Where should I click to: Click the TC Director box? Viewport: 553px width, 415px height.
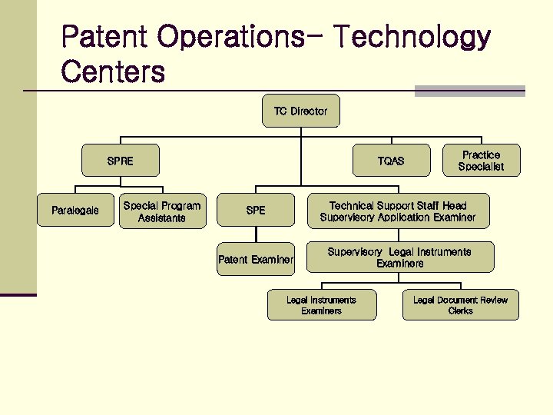pyautogui.click(x=300, y=111)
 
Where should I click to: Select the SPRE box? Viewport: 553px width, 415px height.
pyautogui.click(x=121, y=161)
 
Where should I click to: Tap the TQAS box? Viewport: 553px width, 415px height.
pyautogui.click(x=390, y=161)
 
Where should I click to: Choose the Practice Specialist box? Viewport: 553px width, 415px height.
pyautogui.click(x=482, y=161)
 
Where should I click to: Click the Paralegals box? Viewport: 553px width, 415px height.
pyautogui.click(x=75, y=211)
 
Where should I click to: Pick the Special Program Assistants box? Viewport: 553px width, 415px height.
pyautogui.click(x=162, y=211)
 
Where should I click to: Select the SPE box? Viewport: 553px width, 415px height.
pyautogui.click(x=256, y=211)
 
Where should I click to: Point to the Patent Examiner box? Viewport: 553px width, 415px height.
pyautogui.click(x=256, y=260)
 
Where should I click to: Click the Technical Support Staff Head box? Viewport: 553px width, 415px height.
pyautogui.click(x=397, y=211)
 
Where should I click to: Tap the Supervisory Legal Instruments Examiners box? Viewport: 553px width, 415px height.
pyautogui.click(x=399, y=257)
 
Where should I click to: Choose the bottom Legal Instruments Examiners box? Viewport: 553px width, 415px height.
pyautogui.click(x=321, y=305)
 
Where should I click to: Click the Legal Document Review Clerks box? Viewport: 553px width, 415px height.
pyautogui.click(x=460, y=305)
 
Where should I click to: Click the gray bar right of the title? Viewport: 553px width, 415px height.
pyautogui.click(x=469, y=91)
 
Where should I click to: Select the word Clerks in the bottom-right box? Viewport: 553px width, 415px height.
pyautogui.click(x=460, y=311)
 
